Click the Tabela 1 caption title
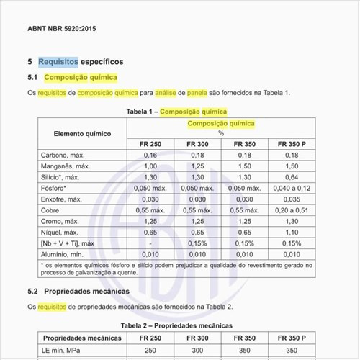176,112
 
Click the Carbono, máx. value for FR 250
150,155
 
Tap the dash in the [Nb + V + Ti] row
150,243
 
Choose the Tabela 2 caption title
176,325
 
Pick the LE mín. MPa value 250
150,350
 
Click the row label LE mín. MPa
61,350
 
